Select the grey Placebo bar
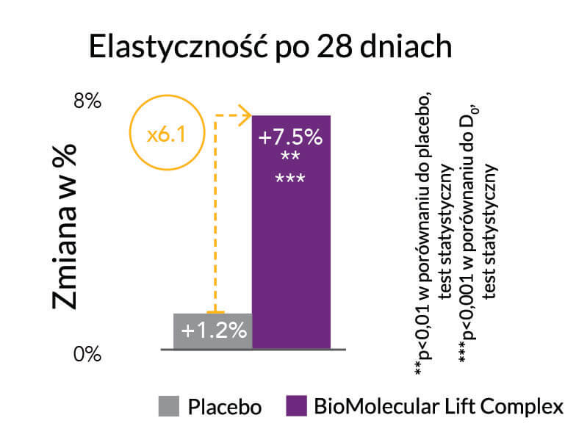[x=212, y=331]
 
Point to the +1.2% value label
[x=212, y=331]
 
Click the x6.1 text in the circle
[x=165, y=135]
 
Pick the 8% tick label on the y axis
[x=87, y=102]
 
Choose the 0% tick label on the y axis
[x=87, y=354]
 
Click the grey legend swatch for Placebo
[x=168, y=406]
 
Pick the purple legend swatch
[x=295, y=406]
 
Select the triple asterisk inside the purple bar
[x=290, y=178]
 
